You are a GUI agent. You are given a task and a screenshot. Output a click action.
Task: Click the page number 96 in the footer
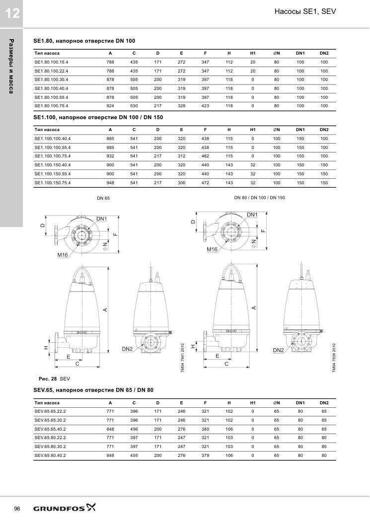(17, 509)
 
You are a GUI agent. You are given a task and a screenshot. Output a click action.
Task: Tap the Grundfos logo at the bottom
(64, 508)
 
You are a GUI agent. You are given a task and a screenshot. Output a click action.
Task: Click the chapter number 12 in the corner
(12, 13)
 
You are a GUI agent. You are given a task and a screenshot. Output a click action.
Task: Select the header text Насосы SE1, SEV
(305, 11)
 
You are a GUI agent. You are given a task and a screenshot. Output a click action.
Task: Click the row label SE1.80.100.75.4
(51, 106)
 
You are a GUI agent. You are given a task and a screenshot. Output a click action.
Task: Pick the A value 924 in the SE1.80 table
(110, 106)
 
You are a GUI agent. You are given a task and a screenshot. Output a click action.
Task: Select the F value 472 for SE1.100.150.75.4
(205, 183)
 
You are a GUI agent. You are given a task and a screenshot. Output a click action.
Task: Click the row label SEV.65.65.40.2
(50, 429)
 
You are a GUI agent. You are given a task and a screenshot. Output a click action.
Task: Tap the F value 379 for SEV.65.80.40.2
(205, 455)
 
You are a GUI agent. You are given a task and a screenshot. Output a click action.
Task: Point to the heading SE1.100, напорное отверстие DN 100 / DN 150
(98, 117)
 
